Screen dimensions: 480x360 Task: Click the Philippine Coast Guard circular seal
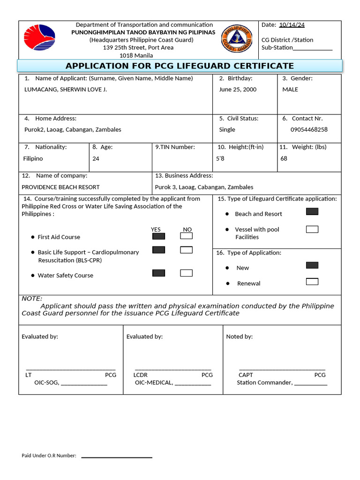tap(237, 38)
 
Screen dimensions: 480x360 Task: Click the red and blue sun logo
tap(40, 37)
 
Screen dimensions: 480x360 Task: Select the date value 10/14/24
tap(292, 25)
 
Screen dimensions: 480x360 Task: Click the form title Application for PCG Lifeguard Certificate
tap(180, 66)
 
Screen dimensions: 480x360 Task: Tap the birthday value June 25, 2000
tap(238, 90)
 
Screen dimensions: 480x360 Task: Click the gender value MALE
tap(290, 90)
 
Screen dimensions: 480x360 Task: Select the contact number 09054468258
tap(309, 130)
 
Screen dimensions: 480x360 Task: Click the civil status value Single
tap(227, 130)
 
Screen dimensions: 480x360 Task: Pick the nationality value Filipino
tap(33, 159)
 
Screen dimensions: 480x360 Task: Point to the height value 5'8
tap(220, 159)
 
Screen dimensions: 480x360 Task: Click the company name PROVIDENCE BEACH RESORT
tap(60, 187)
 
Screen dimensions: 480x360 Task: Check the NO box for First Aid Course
tap(186, 236)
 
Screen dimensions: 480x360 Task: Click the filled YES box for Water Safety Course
tap(158, 273)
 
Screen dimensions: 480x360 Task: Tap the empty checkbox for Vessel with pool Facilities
tap(312, 229)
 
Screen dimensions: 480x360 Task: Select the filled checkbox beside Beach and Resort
tap(312, 211)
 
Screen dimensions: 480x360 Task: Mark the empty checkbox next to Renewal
tap(312, 282)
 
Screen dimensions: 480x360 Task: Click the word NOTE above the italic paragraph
tap(32, 299)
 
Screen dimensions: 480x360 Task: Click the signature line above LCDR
tap(173, 370)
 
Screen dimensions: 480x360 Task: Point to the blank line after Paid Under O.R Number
tap(117, 457)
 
